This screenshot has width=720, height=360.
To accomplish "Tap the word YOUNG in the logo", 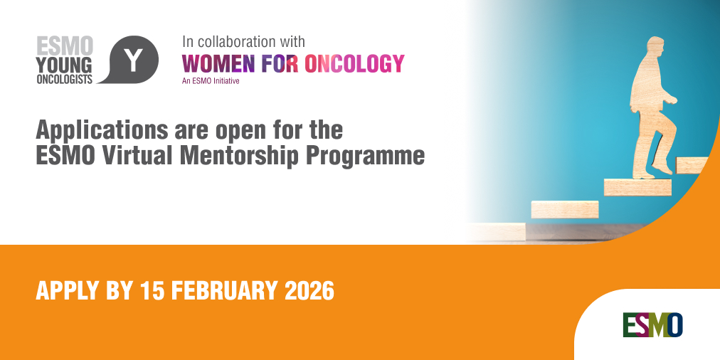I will click(65, 65).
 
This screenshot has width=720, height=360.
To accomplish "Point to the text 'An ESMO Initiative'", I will click(211, 81).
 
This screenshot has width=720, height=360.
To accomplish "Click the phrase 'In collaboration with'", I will click(243, 41).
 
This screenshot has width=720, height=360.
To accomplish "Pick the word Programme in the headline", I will click(376, 155).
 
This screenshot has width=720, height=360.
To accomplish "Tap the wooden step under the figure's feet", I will click(637, 186).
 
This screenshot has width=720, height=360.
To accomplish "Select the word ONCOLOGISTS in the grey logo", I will click(65, 80).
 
